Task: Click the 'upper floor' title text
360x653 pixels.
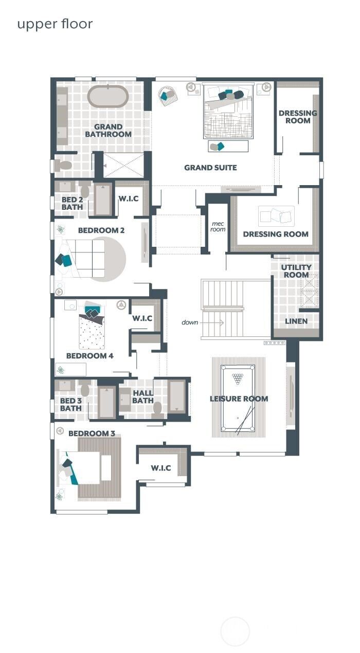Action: click(55, 24)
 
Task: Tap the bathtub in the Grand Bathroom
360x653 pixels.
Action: click(108, 96)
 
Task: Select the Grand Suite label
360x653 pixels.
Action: click(210, 168)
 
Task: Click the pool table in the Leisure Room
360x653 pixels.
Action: click(238, 398)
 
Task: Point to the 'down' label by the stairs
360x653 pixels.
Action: click(190, 322)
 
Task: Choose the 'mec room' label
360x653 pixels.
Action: click(218, 226)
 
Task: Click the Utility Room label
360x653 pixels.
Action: click(296, 271)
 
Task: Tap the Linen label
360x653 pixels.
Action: click(296, 321)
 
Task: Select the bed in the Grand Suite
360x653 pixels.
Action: click(228, 111)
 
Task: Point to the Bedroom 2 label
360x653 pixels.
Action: click(101, 230)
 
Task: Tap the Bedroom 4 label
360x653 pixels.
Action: click(90, 355)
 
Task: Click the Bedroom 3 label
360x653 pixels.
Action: click(92, 433)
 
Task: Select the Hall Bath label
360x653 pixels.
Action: click(143, 397)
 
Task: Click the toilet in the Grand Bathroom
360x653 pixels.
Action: click(64, 166)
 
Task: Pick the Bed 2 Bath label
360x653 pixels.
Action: click(72, 203)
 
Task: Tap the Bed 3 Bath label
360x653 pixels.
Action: click(71, 405)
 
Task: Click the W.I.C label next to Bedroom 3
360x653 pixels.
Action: click(161, 468)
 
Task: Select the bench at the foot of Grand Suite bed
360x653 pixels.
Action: click(228, 146)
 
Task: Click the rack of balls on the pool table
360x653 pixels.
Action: click(238, 379)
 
